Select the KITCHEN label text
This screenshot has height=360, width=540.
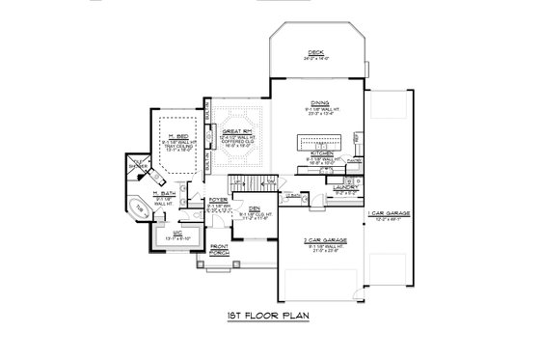321,152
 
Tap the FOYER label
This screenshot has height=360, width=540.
219,201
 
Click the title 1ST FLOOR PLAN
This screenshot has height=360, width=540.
270,317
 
